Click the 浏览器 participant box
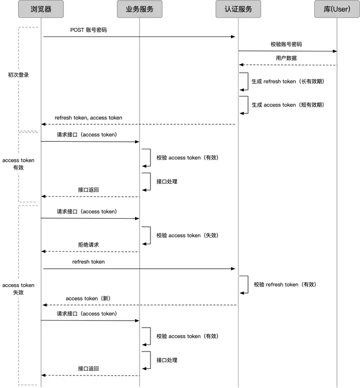point(41,9)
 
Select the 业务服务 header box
point(139,9)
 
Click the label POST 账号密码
point(88,30)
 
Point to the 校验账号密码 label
point(286,44)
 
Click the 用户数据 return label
point(286,58)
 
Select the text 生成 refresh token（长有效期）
point(287,81)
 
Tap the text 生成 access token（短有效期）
point(287,105)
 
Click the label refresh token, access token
point(88,118)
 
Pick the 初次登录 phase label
point(18,75)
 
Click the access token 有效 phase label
point(18,164)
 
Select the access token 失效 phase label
point(18,289)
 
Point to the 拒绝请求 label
point(88,245)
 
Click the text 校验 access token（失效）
point(187,235)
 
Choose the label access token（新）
point(88,298)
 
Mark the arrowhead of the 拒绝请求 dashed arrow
point(43,252)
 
